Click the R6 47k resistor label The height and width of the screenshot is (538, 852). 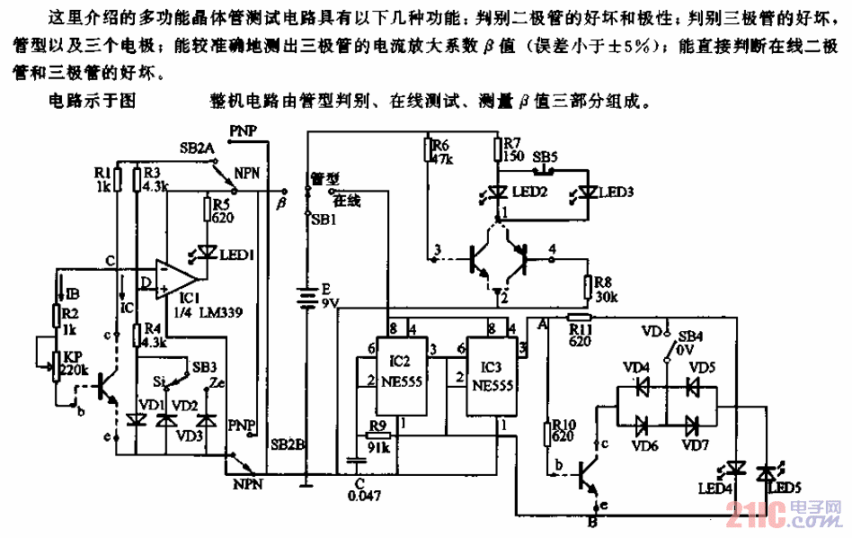441,151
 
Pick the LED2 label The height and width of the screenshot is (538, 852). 528,192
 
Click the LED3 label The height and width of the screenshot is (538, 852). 617,192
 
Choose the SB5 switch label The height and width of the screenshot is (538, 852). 545,156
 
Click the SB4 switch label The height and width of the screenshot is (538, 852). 689,335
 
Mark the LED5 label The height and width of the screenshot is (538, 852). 779,488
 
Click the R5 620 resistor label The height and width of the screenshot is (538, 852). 223,210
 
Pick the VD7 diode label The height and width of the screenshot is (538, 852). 695,444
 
